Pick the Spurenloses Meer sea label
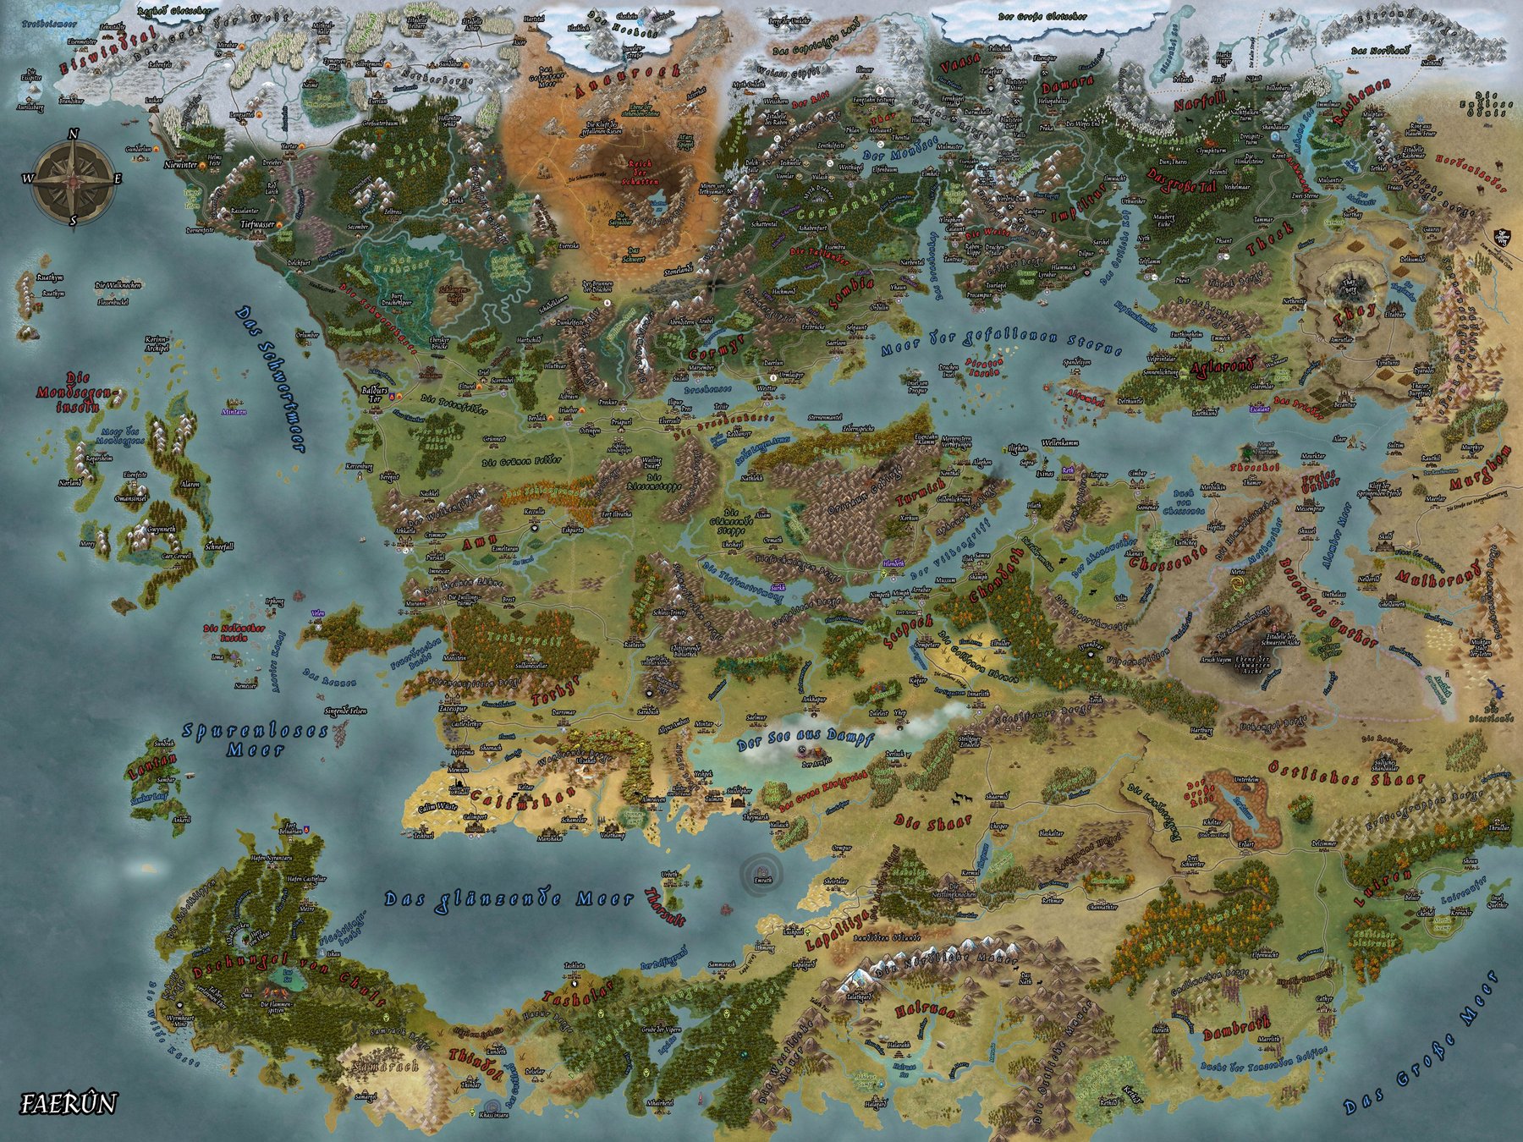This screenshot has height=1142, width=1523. coord(256,739)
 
